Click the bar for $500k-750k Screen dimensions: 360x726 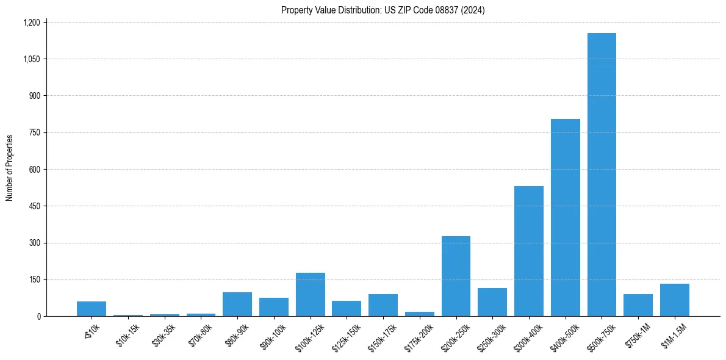pos(602,175)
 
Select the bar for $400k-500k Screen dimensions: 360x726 pos(565,217)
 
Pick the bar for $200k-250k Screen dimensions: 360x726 pos(456,276)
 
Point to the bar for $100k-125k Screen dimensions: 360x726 pos(310,294)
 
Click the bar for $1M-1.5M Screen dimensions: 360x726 pos(674,300)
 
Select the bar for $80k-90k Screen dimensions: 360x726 pos(237,304)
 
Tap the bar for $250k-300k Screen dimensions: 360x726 pos(492,302)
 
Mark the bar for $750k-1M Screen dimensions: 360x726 pos(638,305)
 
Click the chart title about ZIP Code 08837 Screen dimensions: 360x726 pos(383,10)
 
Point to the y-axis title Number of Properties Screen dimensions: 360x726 pos(10,168)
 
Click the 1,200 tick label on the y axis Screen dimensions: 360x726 pos(31,23)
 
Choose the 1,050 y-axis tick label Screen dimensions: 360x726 pos(31,59)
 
